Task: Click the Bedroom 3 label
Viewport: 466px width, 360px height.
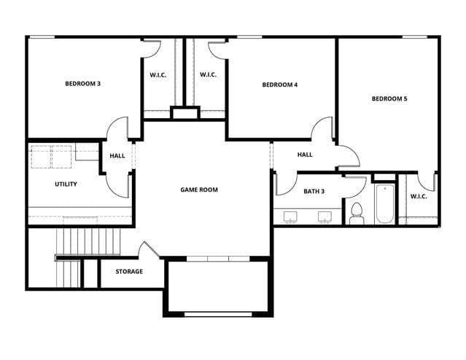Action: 82,84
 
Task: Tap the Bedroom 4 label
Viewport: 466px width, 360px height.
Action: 279,85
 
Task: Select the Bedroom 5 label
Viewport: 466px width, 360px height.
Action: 389,98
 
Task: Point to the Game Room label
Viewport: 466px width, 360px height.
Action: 199,189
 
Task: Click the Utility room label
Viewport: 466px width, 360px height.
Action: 66,184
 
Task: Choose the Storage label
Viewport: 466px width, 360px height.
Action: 129,272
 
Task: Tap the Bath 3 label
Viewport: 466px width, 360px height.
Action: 314,191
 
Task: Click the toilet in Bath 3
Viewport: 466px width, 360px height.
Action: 357,214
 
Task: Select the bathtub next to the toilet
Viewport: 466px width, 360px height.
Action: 384,204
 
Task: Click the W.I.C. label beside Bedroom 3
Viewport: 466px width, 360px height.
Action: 158,75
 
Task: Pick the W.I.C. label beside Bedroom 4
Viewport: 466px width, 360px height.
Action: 208,74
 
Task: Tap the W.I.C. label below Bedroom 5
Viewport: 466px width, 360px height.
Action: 419,196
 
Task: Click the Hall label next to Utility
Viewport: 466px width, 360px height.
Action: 117,156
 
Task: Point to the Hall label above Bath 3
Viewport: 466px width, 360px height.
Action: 305,154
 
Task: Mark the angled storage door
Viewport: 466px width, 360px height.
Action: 152,249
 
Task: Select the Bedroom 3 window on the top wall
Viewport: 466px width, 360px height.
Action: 42,37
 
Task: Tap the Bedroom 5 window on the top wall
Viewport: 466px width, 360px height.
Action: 414,37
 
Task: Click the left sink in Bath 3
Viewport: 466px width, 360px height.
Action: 290,217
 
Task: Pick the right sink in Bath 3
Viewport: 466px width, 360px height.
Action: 325,217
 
